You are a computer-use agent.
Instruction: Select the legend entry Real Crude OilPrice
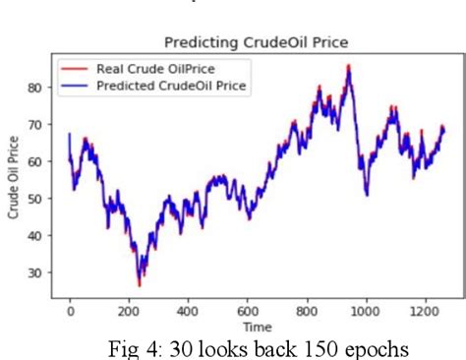[155, 69]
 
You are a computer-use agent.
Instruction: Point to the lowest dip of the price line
[140, 284]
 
